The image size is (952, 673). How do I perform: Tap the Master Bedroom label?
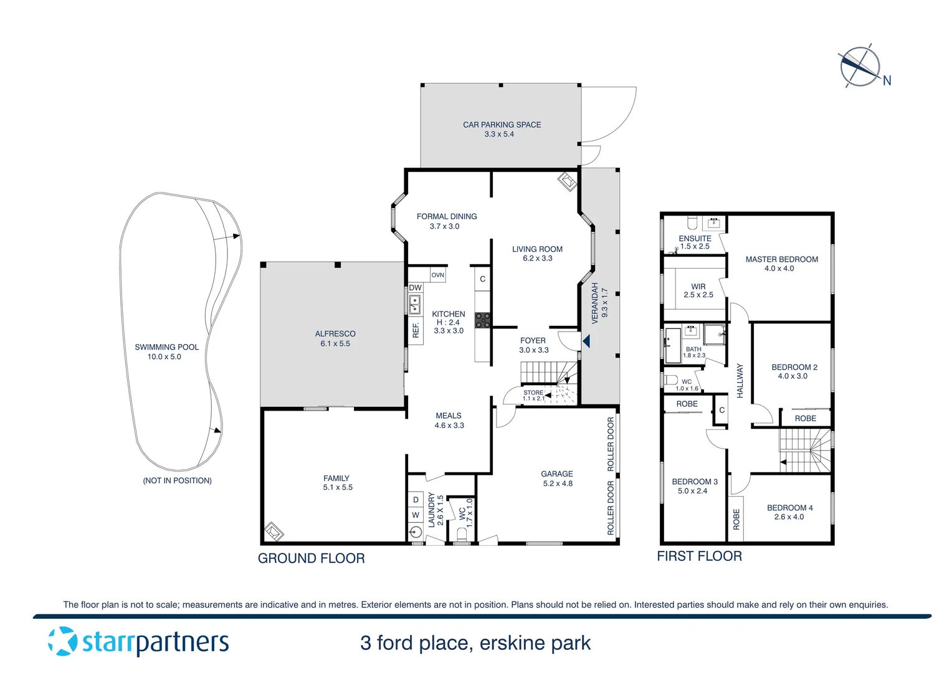[x=781, y=259]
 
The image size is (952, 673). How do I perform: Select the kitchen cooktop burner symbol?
[x=482, y=320]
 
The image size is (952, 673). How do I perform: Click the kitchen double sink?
[x=415, y=305]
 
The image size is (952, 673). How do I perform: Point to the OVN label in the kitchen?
[x=438, y=275]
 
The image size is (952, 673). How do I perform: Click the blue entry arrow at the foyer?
[x=586, y=341]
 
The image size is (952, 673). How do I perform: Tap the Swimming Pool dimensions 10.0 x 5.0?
[x=164, y=357]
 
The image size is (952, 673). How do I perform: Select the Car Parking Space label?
[x=502, y=125]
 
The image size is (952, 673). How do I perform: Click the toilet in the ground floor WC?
[x=462, y=534]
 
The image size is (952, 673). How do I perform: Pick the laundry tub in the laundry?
[x=416, y=532]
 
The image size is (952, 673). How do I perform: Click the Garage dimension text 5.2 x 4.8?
[x=557, y=484]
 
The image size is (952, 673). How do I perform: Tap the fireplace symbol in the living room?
[x=567, y=182]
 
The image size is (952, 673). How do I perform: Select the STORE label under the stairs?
[x=533, y=393]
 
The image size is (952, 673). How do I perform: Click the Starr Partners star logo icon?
[x=63, y=641]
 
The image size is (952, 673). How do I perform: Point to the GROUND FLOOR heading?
[x=311, y=558]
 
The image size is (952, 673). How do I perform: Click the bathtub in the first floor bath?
[x=672, y=345]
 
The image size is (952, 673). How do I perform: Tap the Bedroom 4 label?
[x=789, y=508]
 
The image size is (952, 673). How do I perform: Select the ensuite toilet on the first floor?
[x=692, y=223]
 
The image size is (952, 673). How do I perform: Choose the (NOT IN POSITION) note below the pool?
[x=177, y=480]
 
